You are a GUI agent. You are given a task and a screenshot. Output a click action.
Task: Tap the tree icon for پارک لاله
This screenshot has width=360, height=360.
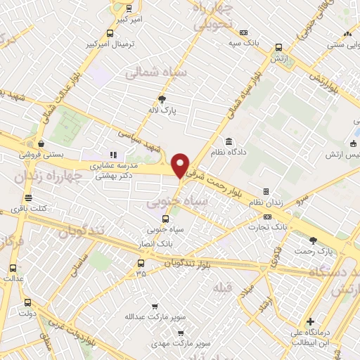click(162, 99)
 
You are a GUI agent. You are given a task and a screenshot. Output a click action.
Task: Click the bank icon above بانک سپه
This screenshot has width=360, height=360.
click(243, 32)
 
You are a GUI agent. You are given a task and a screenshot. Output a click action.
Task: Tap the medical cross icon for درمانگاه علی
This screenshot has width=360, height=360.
click(310, 321)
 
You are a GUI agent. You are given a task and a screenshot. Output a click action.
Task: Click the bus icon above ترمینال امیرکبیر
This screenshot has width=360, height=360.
click(110, 33)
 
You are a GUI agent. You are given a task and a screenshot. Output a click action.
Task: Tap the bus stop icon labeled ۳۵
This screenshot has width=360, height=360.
click(141, 264)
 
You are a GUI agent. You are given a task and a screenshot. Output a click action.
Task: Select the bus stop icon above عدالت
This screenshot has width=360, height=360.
click(13, 267)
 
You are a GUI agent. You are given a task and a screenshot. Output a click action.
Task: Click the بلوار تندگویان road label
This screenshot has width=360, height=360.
click(188, 261)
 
